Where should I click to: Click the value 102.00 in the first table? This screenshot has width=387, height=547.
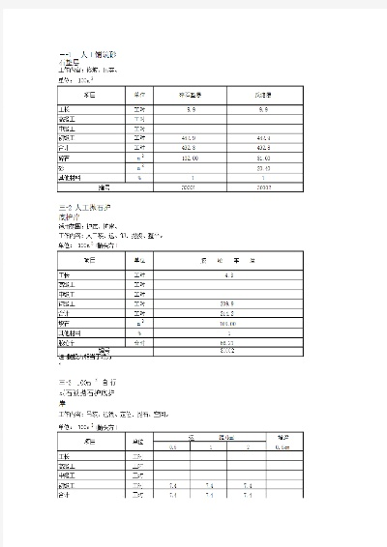191,158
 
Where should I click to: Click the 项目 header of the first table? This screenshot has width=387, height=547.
90,96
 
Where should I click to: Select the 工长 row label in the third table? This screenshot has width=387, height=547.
65,456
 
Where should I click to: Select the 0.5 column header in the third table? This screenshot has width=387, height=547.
172,446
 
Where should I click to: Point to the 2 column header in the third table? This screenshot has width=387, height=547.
248,446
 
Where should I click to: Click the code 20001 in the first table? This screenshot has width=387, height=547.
191,187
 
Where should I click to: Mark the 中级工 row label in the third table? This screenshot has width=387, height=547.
65,475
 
